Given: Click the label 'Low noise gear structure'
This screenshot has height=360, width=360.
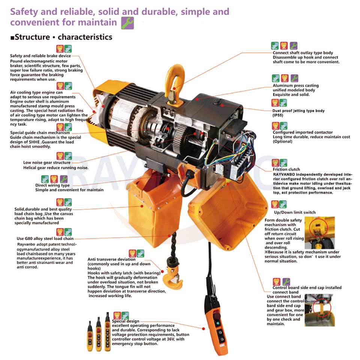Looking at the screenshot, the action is [46, 163].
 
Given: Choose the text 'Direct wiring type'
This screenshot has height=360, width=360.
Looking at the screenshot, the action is [52, 185].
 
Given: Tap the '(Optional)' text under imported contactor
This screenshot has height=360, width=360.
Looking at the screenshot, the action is [282, 141].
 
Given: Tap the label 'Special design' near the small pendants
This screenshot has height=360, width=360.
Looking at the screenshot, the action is [125, 321].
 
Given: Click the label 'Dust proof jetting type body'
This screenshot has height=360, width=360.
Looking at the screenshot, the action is [298, 111].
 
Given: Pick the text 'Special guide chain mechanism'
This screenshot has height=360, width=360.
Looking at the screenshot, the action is [40, 133].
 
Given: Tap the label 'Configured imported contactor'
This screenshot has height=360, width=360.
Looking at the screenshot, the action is [303, 132].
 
